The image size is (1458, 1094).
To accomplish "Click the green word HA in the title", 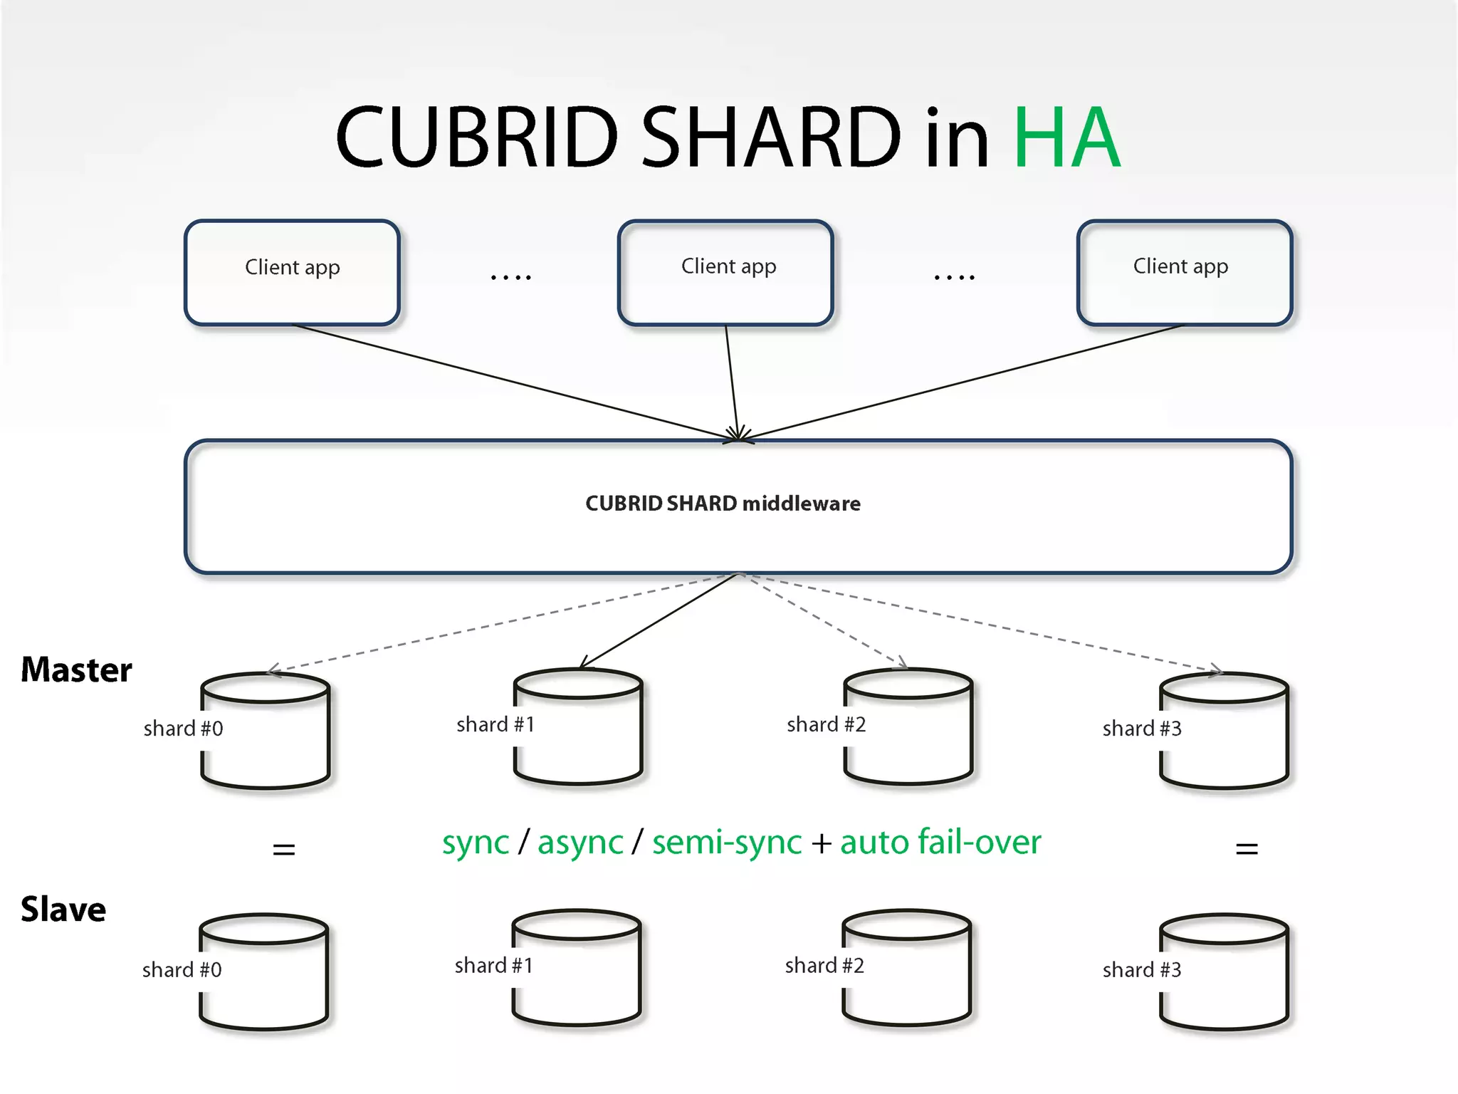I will click(x=1066, y=137).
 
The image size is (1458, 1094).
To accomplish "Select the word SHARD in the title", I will click(x=771, y=137).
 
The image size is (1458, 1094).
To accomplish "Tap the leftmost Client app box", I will click(x=292, y=272).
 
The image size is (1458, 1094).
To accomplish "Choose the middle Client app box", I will click(x=725, y=272).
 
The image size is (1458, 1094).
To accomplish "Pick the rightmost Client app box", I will click(x=1184, y=272).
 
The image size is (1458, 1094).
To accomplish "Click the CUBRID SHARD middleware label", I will click(x=723, y=504).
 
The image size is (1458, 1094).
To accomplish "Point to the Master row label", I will click(x=76, y=670).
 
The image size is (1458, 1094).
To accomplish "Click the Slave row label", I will click(x=63, y=910).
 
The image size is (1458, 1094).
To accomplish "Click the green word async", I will click(x=580, y=843).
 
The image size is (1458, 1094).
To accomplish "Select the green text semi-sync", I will click(x=727, y=843).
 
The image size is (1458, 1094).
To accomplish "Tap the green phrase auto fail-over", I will click(x=940, y=843).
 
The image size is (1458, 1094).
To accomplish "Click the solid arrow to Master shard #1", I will click(x=659, y=620).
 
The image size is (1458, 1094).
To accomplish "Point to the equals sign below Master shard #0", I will click(x=284, y=849).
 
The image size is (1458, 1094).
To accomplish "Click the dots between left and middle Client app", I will click(x=510, y=276).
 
